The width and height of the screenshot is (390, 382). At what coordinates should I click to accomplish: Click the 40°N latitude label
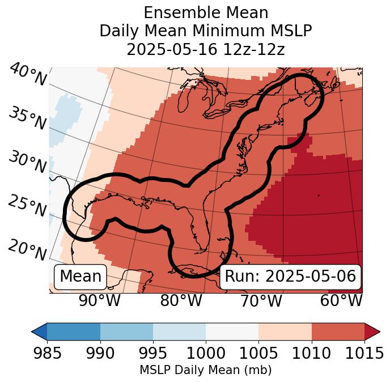pos(27,75)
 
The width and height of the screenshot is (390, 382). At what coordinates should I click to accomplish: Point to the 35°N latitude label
pos(27,119)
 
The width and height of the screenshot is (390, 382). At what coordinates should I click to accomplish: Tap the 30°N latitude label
pos(27,163)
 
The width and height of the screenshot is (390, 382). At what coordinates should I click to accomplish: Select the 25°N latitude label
pos(27,206)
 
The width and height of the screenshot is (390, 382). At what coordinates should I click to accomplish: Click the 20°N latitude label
pos(27,249)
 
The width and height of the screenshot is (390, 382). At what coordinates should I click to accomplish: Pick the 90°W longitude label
pos(99,301)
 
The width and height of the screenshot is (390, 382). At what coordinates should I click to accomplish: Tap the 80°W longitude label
pos(181,301)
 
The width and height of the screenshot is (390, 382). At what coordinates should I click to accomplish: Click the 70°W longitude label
pos(261,301)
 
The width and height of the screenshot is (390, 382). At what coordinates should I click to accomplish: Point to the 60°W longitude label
pos(341,301)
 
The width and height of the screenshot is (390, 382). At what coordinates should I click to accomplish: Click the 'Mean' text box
pos(80,277)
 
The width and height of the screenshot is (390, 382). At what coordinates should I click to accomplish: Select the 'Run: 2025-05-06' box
pos(290,277)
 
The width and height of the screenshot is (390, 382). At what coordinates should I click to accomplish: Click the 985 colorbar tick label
pos(47,354)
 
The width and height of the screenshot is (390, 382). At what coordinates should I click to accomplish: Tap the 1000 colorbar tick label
pos(206,354)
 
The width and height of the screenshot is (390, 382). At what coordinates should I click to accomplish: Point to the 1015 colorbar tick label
pos(364,354)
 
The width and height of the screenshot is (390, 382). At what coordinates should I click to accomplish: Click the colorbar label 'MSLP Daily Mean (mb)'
pos(206,370)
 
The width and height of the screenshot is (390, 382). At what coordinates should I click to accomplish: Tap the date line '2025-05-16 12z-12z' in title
pos(206,49)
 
